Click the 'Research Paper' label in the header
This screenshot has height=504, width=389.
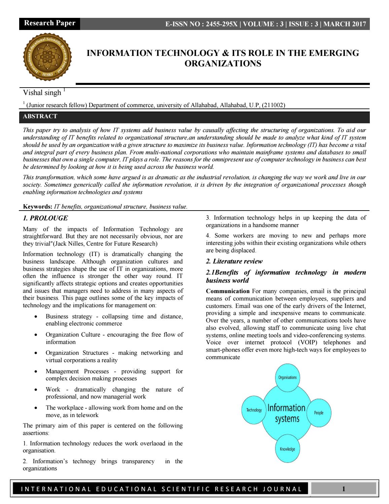(x=49, y=23)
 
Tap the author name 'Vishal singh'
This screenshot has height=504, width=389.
(x=42, y=92)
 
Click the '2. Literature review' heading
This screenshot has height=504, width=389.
(x=234, y=261)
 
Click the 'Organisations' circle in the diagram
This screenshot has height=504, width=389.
(x=287, y=377)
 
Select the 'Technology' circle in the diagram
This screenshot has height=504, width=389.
(x=254, y=410)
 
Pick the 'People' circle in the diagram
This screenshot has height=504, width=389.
(x=318, y=412)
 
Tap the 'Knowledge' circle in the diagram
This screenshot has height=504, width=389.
(x=287, y=449)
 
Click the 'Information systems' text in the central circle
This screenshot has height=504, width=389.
(x=287, y=413)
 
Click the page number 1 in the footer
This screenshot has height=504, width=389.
(x=343, y=489)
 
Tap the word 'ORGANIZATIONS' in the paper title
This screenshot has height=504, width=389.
(x=223, y=63)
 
